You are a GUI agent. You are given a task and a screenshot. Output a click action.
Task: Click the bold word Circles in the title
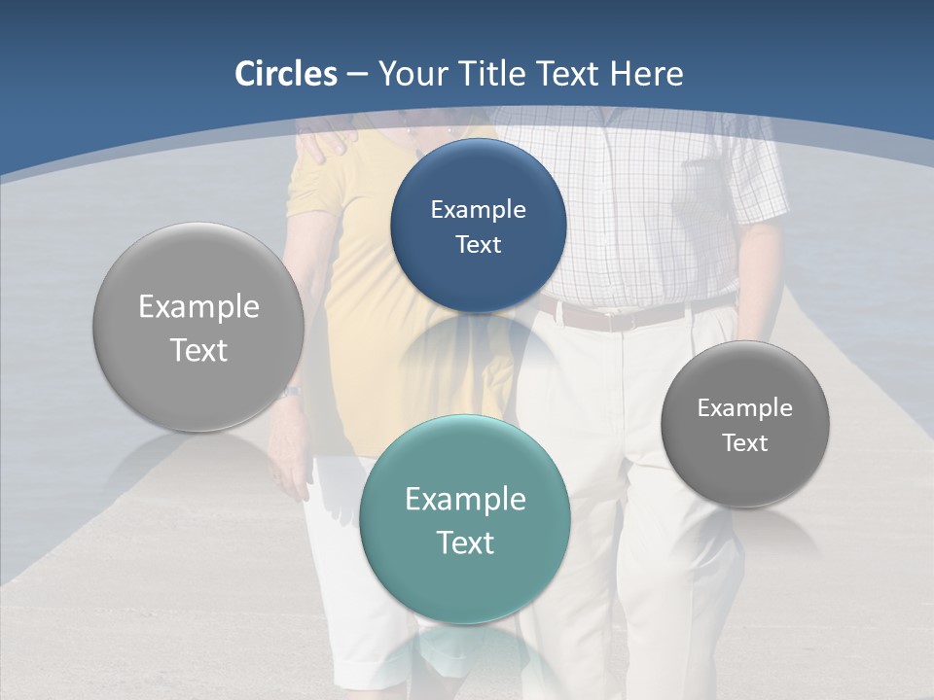286,74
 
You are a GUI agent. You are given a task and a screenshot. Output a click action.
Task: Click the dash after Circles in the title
357,75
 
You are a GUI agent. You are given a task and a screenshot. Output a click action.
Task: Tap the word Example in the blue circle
478,209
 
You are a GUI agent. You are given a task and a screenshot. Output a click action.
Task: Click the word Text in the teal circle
465,542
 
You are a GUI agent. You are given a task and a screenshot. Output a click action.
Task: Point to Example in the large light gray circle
198,307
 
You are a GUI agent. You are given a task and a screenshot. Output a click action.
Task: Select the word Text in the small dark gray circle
745,443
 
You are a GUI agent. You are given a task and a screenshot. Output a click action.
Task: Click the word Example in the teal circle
465,499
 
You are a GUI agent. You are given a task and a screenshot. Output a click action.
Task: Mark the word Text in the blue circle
478,244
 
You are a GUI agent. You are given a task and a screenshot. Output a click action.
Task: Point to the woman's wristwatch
288,393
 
